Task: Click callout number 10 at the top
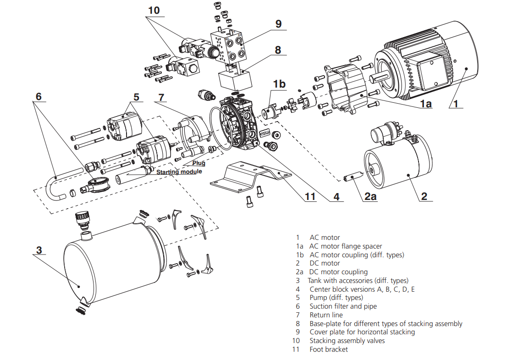[154, 11]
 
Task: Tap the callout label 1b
[279, 84]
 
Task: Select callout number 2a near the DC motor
[370, 196]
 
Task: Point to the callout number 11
[310, 196]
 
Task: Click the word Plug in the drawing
[199, 163]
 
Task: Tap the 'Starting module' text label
[179, 172]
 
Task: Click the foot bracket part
[251, 177]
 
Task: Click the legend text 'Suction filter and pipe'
[343, 306]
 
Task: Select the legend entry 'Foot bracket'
[329, 349]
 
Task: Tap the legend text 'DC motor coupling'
[338, 272]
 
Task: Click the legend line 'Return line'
[326, 315]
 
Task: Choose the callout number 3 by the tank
[39, 250]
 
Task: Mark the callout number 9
[278, 24]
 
